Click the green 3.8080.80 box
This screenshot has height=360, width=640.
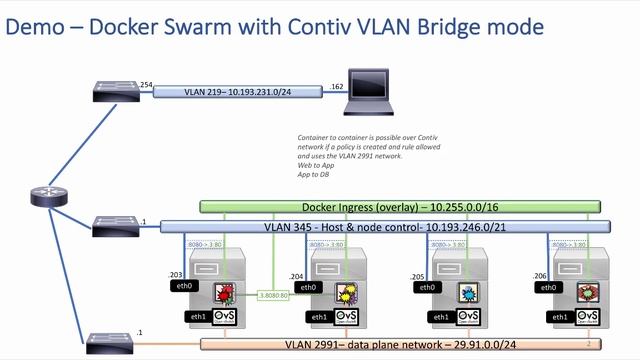[x=273, y=295]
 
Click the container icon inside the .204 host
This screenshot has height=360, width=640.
[x=343, y=293]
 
